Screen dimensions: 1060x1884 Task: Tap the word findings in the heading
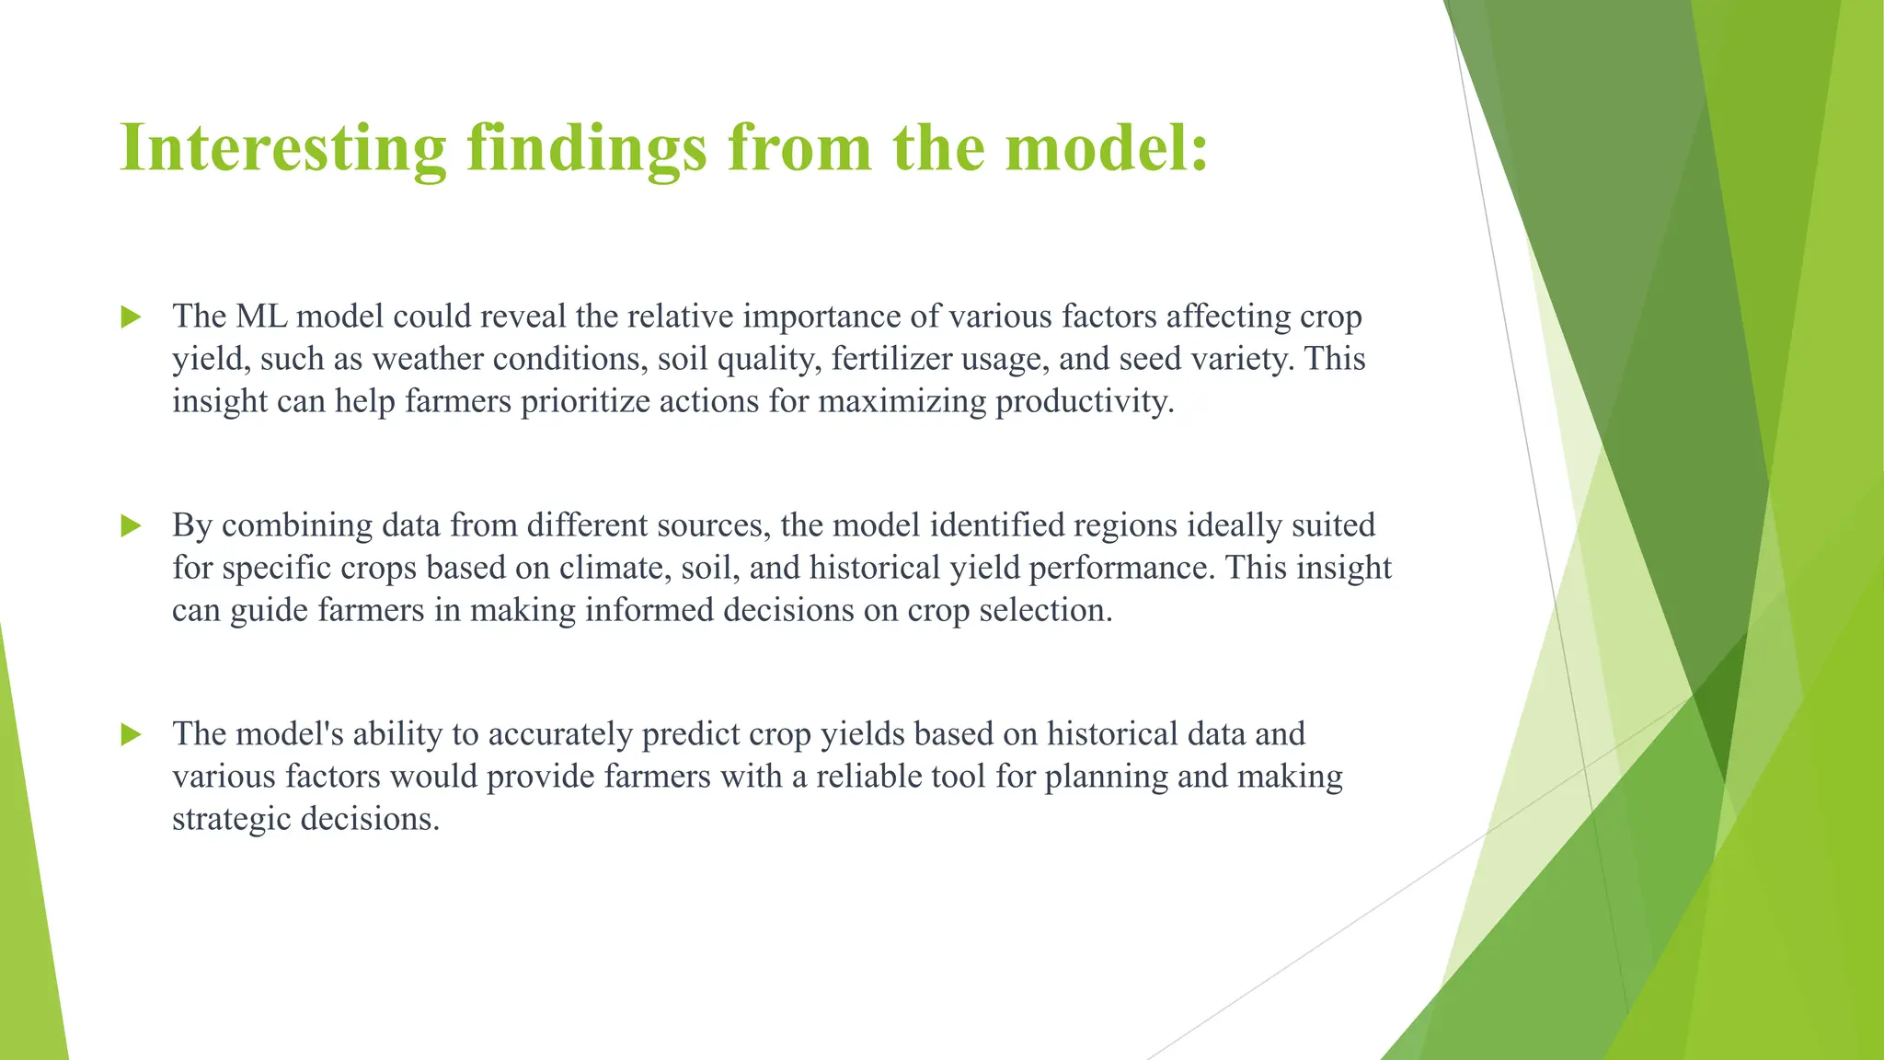(587, 149)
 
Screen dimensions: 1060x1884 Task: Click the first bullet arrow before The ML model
(132, 317)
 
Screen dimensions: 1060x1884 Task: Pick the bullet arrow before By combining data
(132, 526)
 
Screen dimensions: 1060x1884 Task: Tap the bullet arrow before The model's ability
(132, 735)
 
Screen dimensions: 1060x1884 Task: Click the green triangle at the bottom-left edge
(28, 920)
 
